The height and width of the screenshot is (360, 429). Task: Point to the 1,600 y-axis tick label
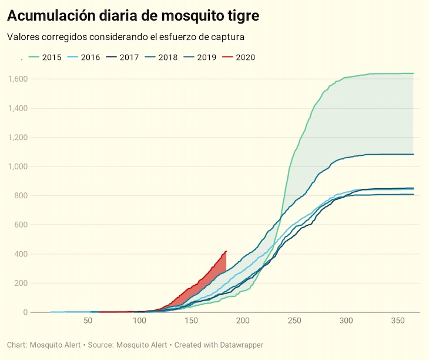tap(18, 79)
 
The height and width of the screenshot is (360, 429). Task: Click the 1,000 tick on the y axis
tap(18, 166)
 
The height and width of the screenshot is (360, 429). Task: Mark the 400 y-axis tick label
tap(21, 254)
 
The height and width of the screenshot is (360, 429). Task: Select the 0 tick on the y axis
tap(25, 312)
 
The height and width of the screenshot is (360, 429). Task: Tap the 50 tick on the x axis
tap(88, 321)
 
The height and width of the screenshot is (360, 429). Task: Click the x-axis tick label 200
tap(243, 321)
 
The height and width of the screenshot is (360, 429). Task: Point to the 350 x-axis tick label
tap(398, 321)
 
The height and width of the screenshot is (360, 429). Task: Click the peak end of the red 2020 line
tap(226, 252)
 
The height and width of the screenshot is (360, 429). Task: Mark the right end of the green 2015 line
tap(413, 74)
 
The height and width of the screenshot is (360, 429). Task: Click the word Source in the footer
tap(101, 345)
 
